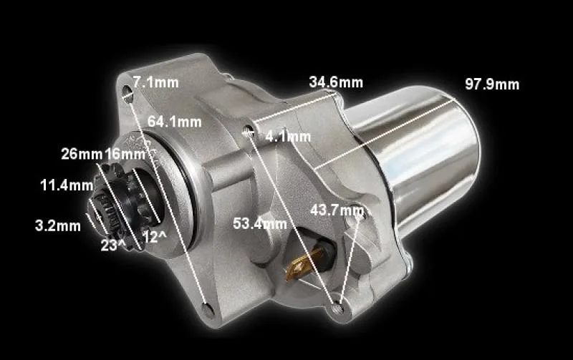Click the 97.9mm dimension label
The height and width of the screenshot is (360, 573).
[492, 84]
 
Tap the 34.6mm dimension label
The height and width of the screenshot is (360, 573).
[336, 82]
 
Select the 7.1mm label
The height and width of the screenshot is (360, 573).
[155, 82]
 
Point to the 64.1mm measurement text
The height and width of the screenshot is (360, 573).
[174, 122]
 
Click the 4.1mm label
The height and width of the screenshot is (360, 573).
[288, 137]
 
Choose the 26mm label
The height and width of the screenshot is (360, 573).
[82, 154]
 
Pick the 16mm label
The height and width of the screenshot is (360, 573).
[125, 154]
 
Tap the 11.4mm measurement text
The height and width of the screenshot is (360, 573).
[67, 185]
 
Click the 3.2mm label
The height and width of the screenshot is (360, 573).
[58, 225]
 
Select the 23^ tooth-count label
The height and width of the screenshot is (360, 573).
[113, 245]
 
